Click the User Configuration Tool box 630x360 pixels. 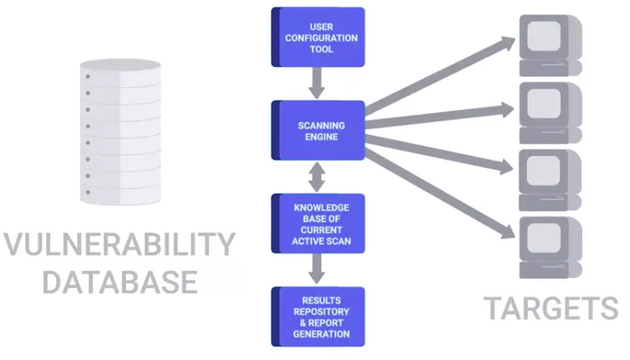(319, 37)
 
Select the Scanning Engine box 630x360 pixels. (319, 131)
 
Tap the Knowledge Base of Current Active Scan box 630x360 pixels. (319, 224)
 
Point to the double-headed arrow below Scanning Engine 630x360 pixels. (319, 177)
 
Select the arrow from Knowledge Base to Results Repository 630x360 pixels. (319, 269)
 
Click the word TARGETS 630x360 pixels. (550, 308)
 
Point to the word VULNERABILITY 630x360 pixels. (119, 245)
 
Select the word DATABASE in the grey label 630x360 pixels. (119, 282)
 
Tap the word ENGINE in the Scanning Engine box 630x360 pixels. (319, 136)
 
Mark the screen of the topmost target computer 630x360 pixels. (545, 35)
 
